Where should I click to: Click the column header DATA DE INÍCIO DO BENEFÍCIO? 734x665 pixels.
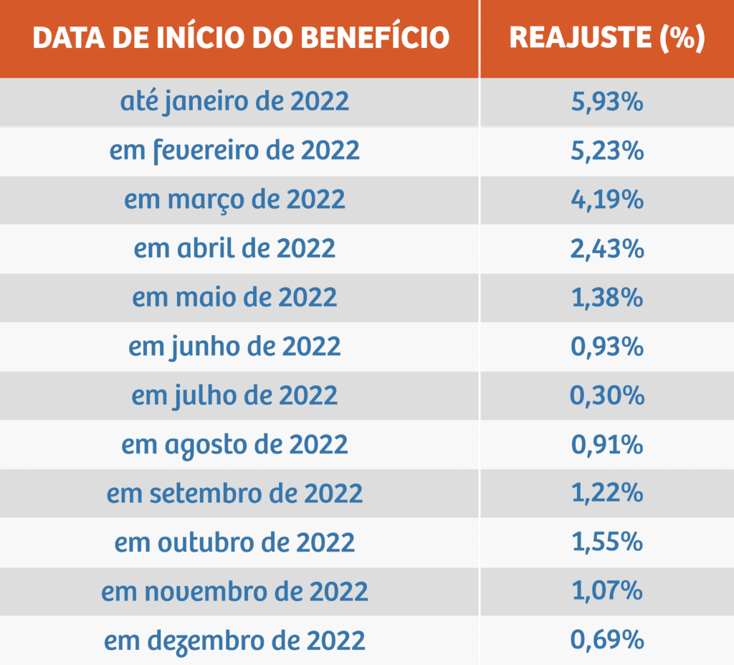tap(241, 38)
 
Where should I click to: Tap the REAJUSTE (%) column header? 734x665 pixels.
tap(606, 38)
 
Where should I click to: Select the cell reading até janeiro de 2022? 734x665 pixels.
tap(235, 102)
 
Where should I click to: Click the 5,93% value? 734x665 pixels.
tap(606, 102)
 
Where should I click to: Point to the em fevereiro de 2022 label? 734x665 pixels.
tap(235, 151)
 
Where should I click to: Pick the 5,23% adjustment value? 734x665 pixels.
tap(606, 151)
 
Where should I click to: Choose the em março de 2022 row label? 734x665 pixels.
tap(235, 199)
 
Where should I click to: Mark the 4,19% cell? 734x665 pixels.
tap(606, 199)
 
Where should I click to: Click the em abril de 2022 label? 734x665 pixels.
tap(235, 248)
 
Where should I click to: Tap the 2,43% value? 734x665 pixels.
tap(606, 248)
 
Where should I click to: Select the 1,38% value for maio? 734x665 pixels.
tap(606, 297)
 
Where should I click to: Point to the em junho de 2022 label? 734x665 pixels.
tap(235, 346)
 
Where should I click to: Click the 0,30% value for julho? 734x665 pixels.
tap(606, 395)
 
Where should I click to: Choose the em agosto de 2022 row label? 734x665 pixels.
tap(235, 444)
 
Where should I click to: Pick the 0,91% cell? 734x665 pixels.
tap(606, 444)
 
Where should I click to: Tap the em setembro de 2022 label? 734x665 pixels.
tap(235, 494)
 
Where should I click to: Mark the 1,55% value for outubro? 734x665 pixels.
tap(606, 542)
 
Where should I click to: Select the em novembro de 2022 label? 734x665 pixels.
tap(235, 591)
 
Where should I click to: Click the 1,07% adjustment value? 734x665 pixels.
tap(606, 591)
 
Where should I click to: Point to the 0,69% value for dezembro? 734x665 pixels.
tap(606, 640)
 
